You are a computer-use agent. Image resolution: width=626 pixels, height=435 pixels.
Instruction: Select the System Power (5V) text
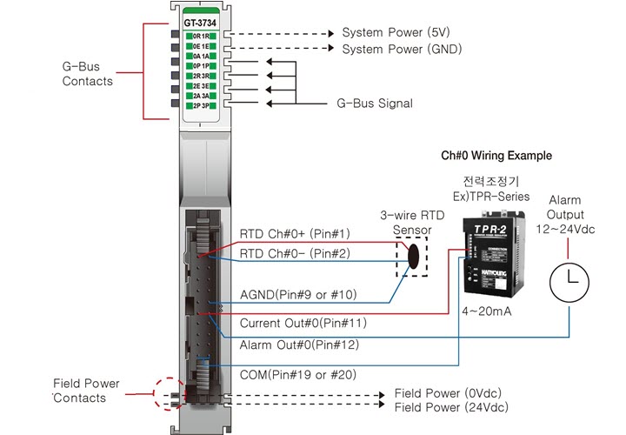click(x=395, y=32)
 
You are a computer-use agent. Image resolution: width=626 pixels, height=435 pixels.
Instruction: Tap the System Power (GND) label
click(x=401, y=50)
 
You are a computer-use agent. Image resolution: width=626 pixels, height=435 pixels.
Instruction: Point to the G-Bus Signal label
click(x=375, y=103)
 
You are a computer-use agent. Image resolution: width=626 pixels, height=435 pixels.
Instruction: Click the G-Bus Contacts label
click(x=87, y=73)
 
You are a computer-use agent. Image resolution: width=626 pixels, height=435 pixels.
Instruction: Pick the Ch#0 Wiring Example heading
click(x=496, y=156)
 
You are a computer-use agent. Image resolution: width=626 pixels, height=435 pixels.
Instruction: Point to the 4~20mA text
click(x=486, y=309)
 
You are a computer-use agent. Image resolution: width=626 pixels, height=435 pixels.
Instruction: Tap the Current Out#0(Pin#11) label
click(x=303, y=324)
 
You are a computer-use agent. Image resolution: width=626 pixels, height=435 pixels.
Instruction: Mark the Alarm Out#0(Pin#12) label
click(x=300, y=345)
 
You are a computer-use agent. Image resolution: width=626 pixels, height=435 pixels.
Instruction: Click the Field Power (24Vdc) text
click(x=451, y=406)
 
